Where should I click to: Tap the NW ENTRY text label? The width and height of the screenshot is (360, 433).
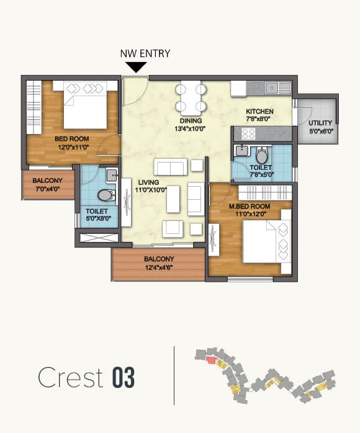[x=145, y=53]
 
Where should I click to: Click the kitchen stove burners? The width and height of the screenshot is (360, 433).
[x=248, y=133]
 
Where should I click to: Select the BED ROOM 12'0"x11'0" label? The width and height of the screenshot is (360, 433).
[x=71, y=143]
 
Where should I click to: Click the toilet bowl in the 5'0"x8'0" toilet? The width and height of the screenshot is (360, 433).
[x=106, y=195]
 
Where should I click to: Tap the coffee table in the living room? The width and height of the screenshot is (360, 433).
[x=173, y=197]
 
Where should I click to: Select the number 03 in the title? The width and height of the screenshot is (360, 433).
[x=124, y=378]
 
